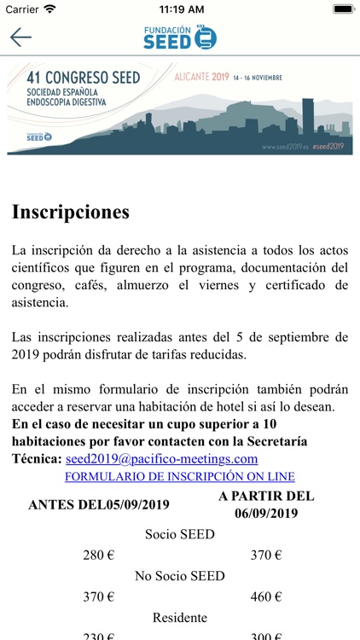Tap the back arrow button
click(20, 37)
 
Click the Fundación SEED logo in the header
click(180, 37)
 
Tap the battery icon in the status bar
click(342, 9)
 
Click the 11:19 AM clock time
click(180, 9)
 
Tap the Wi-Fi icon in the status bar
click(50, 9)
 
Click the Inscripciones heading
click(71, 212)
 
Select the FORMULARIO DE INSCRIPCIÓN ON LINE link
click(180, 477)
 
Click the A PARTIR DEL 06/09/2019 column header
click(266, 504)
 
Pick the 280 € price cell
click(99, 556)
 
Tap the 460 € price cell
click(266, 596)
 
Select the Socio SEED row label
click(180, 535)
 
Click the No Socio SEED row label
click(180, 576)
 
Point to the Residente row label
click(180, 617)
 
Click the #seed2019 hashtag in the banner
click(328, 146)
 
